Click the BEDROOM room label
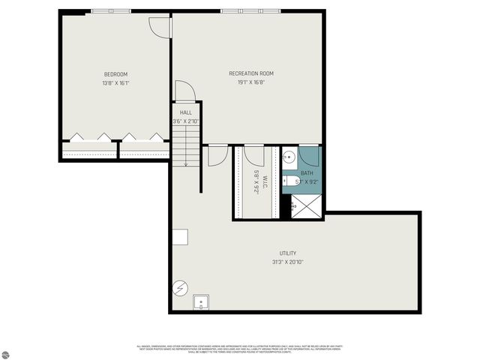point(115,73)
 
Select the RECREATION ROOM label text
point(250,73)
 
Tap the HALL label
point(185,112)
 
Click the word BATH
point(307,172)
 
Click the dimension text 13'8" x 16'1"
point(115,82)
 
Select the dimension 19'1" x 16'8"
point(250,82)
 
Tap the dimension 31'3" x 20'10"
point(287,262)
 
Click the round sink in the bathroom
point(289,157)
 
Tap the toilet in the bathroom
point(290,180)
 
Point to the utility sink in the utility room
point(201,302)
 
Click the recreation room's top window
point(250,11)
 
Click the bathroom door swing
point(310,155)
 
